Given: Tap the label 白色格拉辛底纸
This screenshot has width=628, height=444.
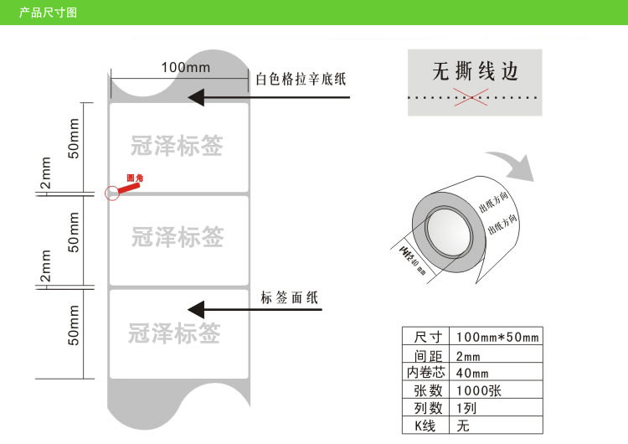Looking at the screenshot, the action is tap(301, 80).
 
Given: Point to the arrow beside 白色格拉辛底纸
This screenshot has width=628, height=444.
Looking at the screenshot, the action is tap(268, 98).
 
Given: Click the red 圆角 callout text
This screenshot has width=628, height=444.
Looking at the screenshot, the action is tap(135, 178).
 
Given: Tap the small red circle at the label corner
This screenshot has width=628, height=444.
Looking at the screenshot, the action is tap(111, 193).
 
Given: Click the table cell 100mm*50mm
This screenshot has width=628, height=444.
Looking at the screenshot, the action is tap(497, 337).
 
